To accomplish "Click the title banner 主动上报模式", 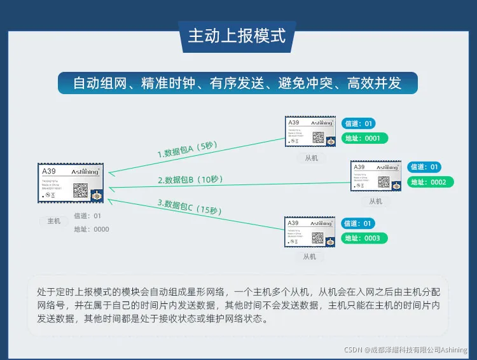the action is [x=237, y=36].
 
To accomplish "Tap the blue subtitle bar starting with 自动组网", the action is [x=237, y=83].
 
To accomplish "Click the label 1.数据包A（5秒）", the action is [x=188, y=149].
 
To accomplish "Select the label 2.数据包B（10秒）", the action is [x=191, y=179].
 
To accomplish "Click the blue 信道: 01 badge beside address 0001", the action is [x=359, y=123].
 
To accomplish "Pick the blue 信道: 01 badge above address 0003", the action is [x=359, y=223].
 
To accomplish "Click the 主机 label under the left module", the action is [x=54, y=221].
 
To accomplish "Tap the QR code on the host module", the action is [x=80, y=190].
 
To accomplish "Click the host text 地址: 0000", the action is [x=92, y=230].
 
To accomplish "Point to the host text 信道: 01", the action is [x=88, y=216].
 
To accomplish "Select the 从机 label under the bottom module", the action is [x=310, y=256].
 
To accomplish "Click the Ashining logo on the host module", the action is [x=84, y=172].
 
